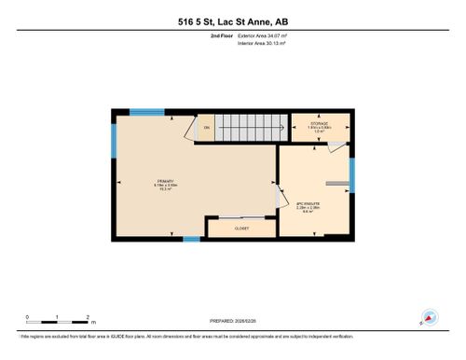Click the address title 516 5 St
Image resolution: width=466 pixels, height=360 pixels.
click(x=232, y=21)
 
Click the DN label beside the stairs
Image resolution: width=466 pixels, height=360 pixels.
click(x=207, y=128)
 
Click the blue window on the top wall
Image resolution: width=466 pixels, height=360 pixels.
click(x=147, y=112)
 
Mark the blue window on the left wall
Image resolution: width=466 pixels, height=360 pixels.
click(x=114, y=141)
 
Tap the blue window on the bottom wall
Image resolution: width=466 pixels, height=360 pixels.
click(x=191, y=239)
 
